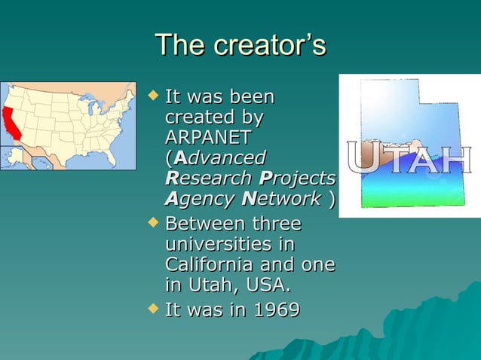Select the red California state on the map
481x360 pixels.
point(11,124)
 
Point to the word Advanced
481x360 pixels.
point(218,158)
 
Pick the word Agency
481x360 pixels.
point(195,199)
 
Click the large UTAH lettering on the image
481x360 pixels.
point(408,160)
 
